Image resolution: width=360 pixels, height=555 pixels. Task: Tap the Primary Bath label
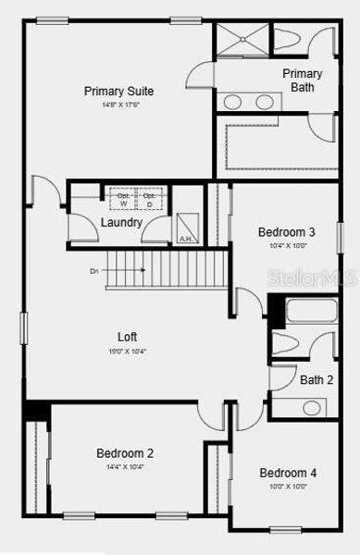click(x=303, y=80)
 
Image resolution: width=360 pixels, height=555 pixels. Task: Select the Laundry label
click(x=121, y=223)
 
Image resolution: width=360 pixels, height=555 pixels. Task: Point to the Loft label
click(x=128, y=338)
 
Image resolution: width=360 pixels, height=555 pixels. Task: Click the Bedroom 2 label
click(x=125, y=453)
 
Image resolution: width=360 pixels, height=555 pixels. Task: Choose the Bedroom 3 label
click(x=286, y=232)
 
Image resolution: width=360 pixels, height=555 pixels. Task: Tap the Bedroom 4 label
click(x=288, y=473)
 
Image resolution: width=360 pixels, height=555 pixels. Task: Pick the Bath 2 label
click(x=317, y=379)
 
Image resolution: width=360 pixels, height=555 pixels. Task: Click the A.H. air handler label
click(x=186, y=239)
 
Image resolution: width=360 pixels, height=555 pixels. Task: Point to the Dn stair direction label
click(x=94, y=271)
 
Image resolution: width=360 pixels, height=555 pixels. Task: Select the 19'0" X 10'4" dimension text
click(x=128, y=352)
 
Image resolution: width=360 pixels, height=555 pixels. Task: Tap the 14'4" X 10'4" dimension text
click(x=125, y=467)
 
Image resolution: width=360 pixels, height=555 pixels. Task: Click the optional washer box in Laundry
click(x=123, y=199)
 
